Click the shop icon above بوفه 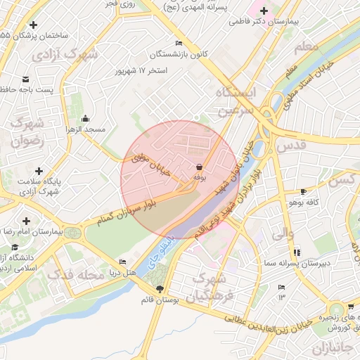[x=200, y=167]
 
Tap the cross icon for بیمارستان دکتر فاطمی [x=264, y=11]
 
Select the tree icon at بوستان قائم [x=160, y=289]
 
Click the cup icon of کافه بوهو [x=303, y=191]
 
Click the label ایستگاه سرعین [x=237, y=103]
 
